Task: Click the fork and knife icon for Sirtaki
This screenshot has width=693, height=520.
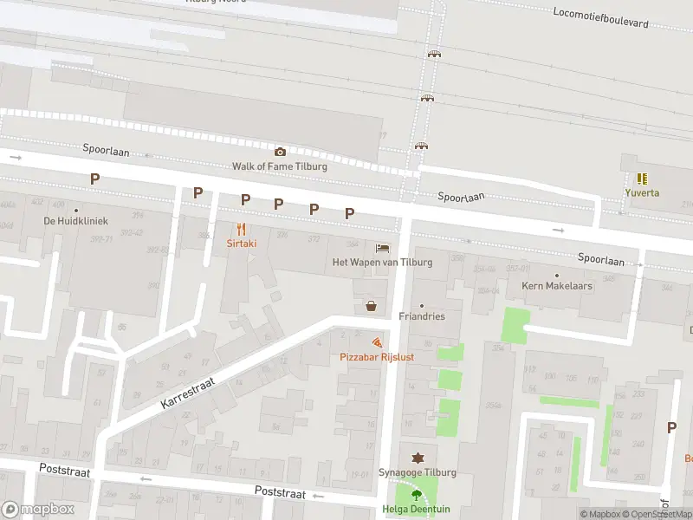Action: (241, 230)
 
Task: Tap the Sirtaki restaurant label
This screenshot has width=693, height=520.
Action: (241, 244)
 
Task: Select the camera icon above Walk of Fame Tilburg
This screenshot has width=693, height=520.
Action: (280, 152)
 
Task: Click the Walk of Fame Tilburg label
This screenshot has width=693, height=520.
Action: (280, 166)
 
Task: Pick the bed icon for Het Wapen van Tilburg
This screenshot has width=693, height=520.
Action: (382, 248)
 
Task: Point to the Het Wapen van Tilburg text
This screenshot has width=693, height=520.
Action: (382, 262)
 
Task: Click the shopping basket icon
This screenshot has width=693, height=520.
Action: (372, 305)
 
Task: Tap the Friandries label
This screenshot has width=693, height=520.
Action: (422, 316)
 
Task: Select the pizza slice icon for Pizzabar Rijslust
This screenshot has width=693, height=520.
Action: (376, 342)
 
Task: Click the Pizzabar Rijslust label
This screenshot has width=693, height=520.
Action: (376, 357)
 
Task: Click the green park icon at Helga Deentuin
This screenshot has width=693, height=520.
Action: (417, 496)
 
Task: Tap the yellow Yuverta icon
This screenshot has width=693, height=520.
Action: (642, 179)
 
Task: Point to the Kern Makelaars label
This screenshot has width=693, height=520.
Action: (556, 285)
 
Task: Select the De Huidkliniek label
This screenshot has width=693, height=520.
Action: (75, 220)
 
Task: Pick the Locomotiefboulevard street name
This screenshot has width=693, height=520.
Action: (612, 16)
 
